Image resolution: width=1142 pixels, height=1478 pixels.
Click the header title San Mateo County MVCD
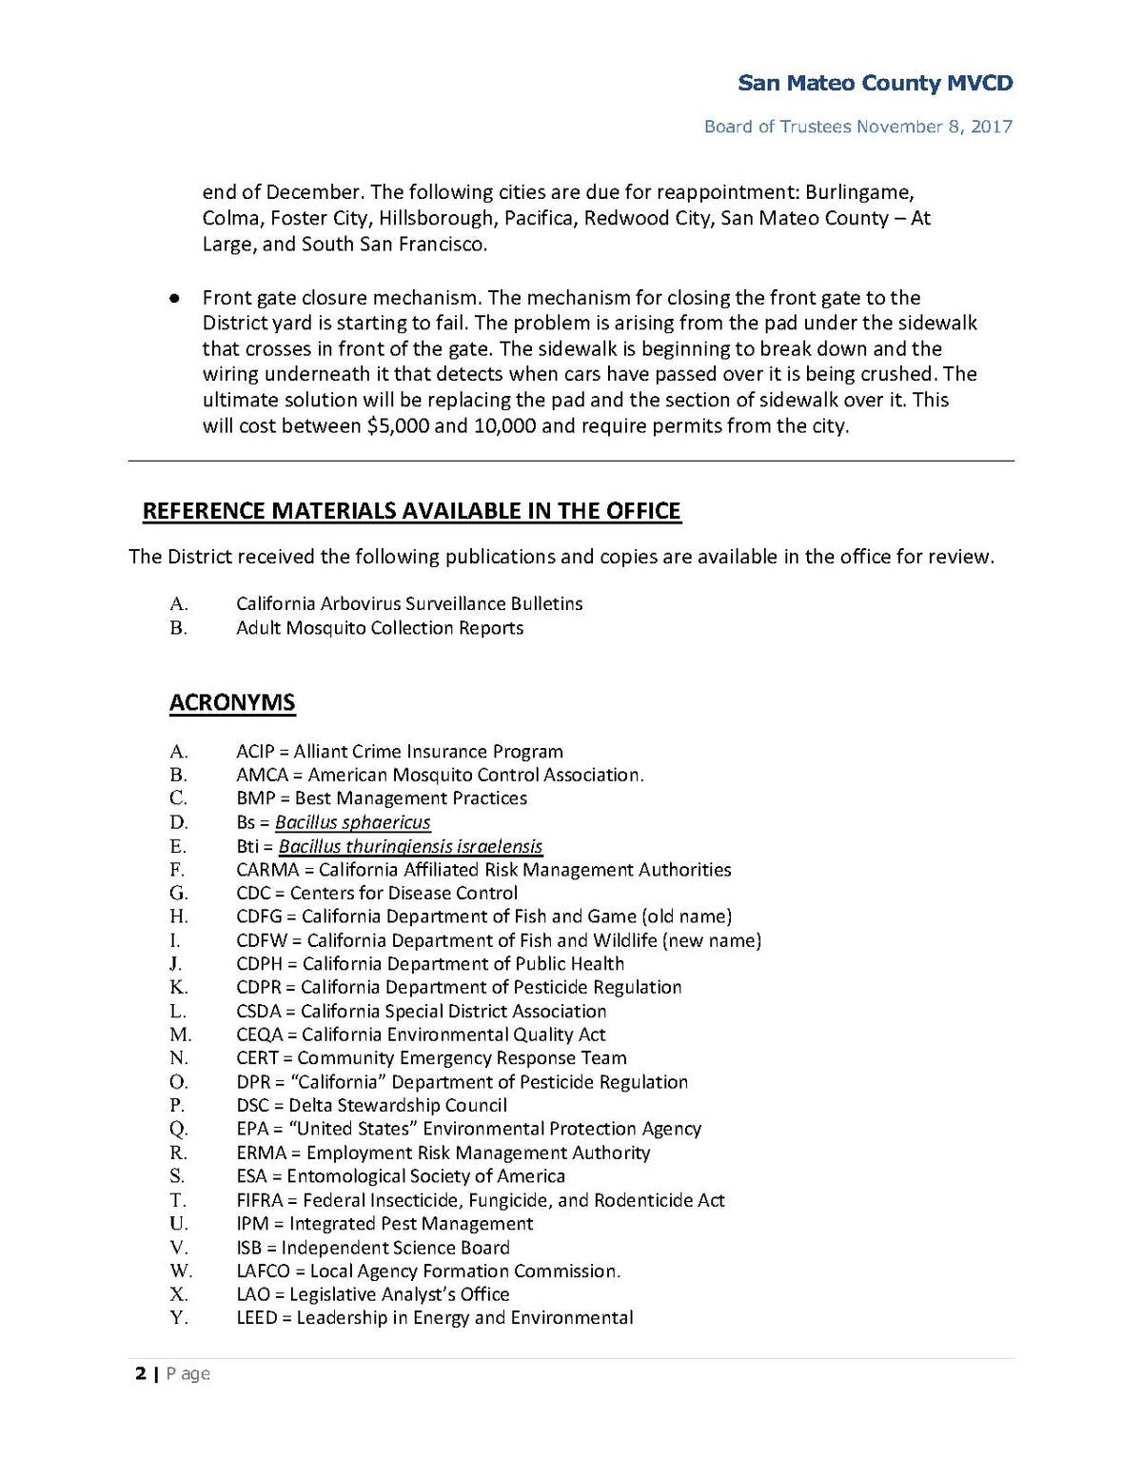pyautogui.click(x=875, y=84)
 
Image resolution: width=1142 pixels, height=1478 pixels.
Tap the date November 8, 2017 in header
pyautogui.click(x=934, y=127)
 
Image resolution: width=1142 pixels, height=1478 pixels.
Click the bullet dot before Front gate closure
pyautogui.click(x=174, y=299)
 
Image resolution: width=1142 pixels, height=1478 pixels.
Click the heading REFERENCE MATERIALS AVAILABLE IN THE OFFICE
pyautogui.click(x=411, y=512)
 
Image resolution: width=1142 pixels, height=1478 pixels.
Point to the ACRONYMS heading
pyautogui.click(x=232, y=703)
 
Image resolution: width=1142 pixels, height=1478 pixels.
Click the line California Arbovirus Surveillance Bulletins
pyautogui.click(x=409, y=604)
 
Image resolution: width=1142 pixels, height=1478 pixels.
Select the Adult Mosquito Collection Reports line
pyautogui.click(x=380, y=628)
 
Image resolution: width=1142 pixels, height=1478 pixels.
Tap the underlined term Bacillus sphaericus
pyautogui.click(x=352, y=822)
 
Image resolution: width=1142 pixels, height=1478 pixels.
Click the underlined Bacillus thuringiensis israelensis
pyautogui.click(x=410, y=846)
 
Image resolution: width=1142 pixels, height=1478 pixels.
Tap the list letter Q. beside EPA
pyautogui.click(x=179, y=1130)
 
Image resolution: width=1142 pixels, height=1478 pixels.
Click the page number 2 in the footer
pyautogui.click(x=141, y=1373)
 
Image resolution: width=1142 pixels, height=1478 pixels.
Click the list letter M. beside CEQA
pyautogui.click(x=180, y=1035)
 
